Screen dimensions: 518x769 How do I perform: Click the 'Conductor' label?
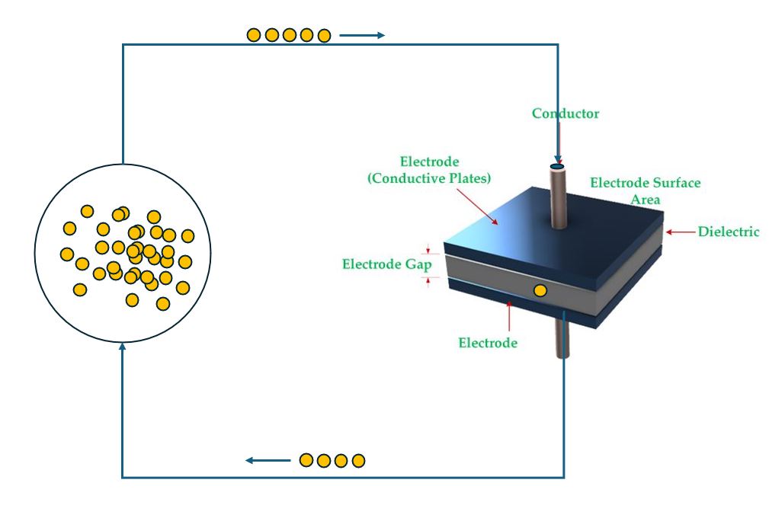coord(566,114)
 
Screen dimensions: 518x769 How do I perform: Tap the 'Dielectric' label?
coord(729,232)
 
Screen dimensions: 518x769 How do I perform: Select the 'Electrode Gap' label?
coord(386,264)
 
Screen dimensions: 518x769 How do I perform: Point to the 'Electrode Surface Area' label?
coord(645,190)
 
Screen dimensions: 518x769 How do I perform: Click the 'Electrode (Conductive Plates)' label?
coord(429,170)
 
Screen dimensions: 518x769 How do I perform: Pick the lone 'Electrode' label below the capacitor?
coord(488,343)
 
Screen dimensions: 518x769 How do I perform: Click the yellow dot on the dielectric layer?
coord(540,290)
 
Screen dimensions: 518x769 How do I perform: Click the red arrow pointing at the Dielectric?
coord(679,232)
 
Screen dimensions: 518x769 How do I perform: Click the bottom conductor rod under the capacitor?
coord(562,342)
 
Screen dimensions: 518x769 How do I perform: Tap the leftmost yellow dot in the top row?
coord(254,35)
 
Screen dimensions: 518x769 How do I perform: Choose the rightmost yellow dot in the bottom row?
coord(358,460)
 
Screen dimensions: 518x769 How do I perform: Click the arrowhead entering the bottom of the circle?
coord(123,347)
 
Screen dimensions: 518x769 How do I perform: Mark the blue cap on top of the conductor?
coord(557,166)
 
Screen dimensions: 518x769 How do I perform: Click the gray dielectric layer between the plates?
coord(488,268)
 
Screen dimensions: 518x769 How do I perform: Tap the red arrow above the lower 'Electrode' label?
coord(509,317)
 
